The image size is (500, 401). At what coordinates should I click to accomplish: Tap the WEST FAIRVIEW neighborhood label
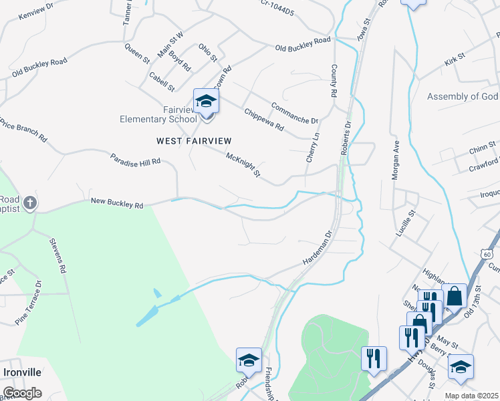click(x=194, y=140)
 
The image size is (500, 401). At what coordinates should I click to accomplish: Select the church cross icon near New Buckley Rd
click(x=29, y=203)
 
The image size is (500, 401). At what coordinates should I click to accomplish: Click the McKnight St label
click(x=243, y=165)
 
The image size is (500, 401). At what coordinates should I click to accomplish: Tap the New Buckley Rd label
click(x=117, y=203)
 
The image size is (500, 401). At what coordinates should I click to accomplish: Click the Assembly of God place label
click(x=463, y=97)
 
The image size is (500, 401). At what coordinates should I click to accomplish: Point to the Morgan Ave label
click(x=394, y=160)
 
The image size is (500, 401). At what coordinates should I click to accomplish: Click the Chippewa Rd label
click(x=264, y=119)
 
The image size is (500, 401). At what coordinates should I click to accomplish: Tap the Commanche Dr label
click(x=294, y=113)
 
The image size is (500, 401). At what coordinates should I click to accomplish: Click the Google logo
click(x=22, y=392)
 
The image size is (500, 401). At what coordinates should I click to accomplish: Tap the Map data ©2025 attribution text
click(x=471, y=396)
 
